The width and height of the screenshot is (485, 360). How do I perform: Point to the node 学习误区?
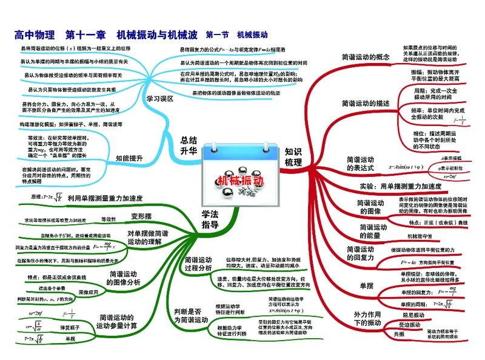point(160,98)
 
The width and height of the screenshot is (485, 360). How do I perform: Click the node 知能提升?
point(129,158)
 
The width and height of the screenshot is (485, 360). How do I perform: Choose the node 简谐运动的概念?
point(366,57)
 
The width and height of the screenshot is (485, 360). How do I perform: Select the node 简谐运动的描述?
point(366,103)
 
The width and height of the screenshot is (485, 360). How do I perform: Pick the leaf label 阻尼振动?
point(412,315)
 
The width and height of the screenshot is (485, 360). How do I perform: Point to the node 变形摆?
point(141,216)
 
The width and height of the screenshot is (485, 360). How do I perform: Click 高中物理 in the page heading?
point(34,35)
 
